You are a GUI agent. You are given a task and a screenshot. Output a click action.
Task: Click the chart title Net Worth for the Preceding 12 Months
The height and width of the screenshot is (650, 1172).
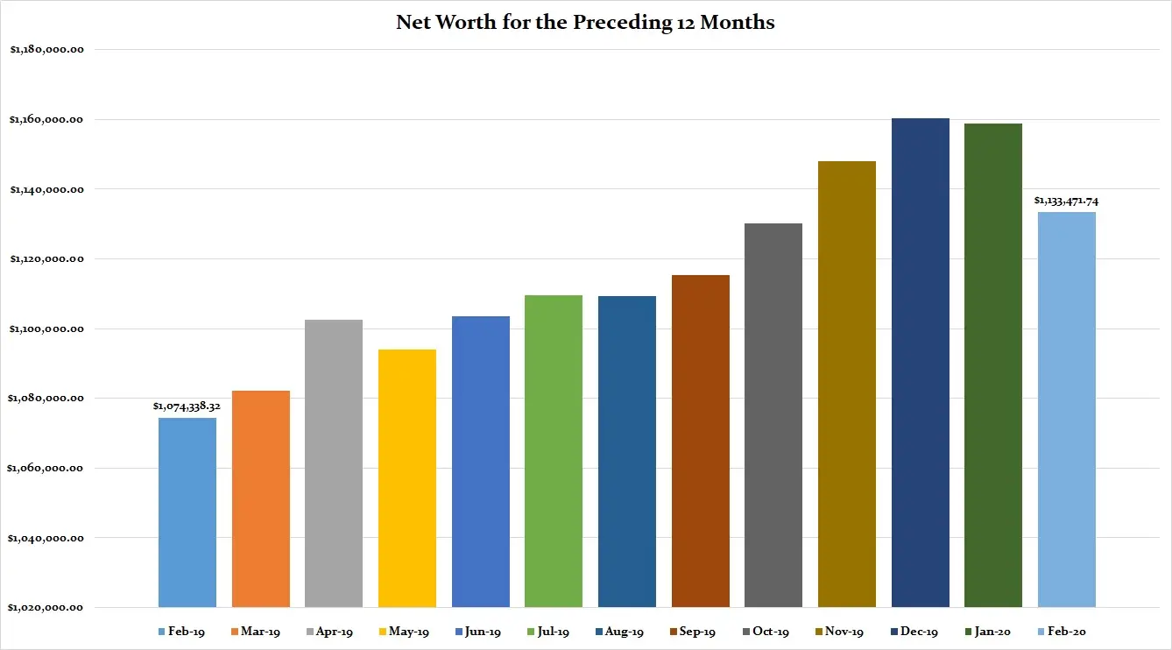click(585, 23)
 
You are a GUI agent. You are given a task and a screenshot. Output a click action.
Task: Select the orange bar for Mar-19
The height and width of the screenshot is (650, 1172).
click(261, 498)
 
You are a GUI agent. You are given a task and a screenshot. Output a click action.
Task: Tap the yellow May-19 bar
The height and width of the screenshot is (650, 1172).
click(407, 478)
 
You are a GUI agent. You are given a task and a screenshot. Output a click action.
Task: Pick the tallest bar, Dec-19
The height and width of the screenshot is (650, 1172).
click(921, 363)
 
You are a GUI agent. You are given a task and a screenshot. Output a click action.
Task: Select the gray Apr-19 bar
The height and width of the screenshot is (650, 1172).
click(334, 463)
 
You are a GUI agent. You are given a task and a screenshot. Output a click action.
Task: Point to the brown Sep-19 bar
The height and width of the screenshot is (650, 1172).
click(701, 442)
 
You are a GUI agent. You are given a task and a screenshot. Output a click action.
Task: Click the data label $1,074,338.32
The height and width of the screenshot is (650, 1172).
click(187, 406)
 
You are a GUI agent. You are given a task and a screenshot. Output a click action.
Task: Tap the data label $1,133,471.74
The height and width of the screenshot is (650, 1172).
click(1066, 201)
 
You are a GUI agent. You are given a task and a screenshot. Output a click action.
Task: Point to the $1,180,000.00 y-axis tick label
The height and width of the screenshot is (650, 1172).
click(46, 50)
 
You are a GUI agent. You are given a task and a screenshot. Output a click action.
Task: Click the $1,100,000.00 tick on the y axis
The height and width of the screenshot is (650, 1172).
click(46, 329)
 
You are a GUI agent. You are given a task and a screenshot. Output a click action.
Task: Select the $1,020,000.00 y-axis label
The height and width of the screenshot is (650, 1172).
click(46, 607)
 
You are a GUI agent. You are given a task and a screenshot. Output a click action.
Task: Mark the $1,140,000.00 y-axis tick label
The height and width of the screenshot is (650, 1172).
click(46, 189)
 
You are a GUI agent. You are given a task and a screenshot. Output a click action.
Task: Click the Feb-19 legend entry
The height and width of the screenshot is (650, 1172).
click(182, 632)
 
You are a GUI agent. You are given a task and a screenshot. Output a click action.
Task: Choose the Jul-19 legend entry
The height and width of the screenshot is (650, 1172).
click(549, 632)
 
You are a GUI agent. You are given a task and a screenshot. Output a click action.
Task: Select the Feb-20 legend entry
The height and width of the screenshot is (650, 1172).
click(1061, 632)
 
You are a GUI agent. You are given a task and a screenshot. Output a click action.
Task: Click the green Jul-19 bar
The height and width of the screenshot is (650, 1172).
click(554, 451)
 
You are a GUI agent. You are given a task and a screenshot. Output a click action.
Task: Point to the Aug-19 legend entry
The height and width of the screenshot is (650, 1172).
click(622, 632)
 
